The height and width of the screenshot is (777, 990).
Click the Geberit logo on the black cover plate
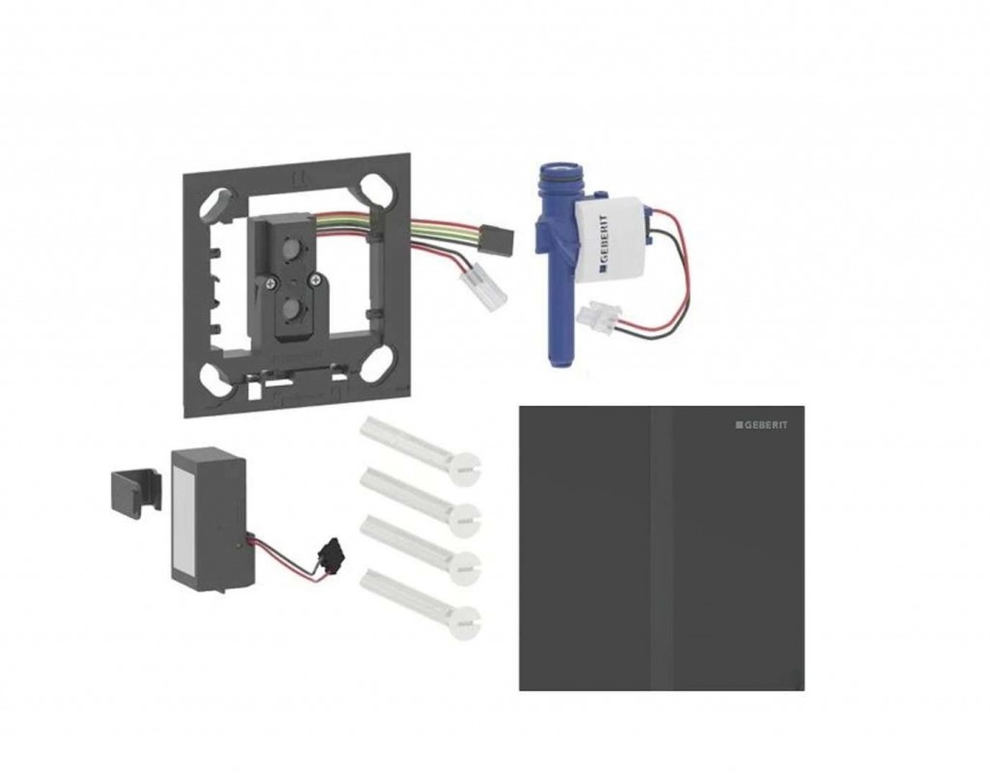coord(762,425)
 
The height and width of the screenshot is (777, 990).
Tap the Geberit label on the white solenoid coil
coord(605,243)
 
